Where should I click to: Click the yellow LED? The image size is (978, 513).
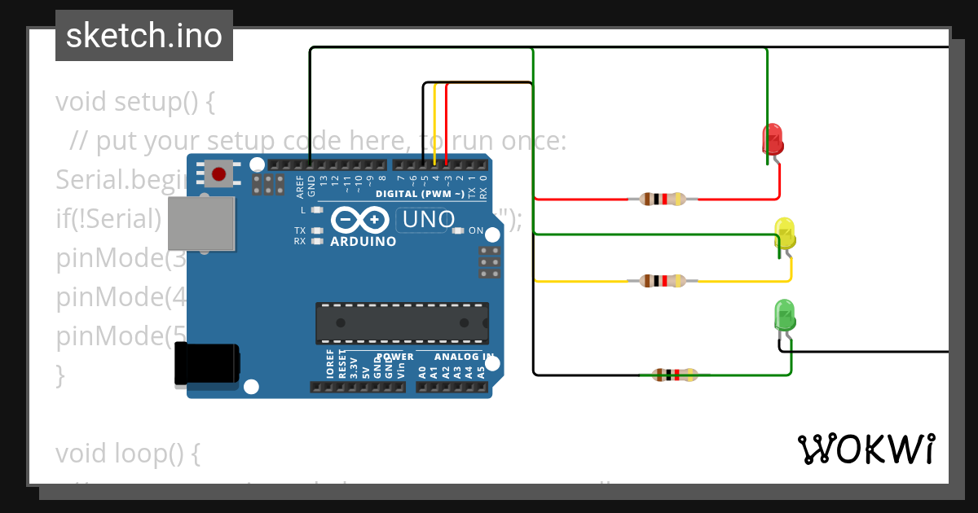click(x=785, y=233)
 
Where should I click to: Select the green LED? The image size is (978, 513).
click(x=784, y=315)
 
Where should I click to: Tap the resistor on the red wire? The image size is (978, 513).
click(x=662, y=199)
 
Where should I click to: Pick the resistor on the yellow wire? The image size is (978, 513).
click(x=663, y=281)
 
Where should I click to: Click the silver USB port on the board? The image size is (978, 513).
click(x=201, y=221)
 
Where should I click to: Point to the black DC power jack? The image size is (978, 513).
click(x=207, y=362)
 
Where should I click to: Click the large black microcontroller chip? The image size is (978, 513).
click(x=403, y=322)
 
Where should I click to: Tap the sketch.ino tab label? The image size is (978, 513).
click(x=144, y=36)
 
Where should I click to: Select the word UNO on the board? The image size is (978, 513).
click(x=429, y=219)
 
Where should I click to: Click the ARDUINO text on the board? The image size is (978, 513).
click(x=363, y=242)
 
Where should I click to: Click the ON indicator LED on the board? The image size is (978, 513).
click(x=458, y=230)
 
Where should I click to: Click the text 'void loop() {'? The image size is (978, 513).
click(x=128, y=454)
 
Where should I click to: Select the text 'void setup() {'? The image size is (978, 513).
click(x=134, y=102)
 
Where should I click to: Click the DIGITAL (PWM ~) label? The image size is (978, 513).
click(x=420, y=194)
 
